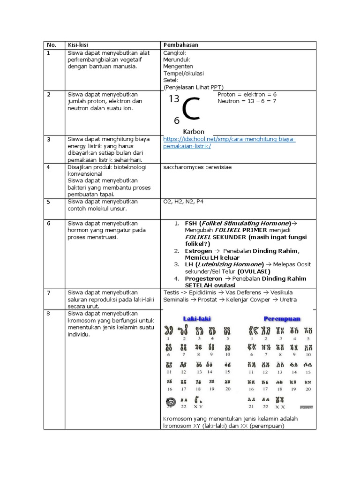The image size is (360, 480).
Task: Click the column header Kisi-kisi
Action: point(77,45)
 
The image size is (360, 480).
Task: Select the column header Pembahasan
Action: point(180,45)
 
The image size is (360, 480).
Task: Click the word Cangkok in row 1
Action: point(174,52)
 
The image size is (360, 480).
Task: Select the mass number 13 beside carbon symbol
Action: point(174,98)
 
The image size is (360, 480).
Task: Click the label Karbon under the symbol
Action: point(194,132)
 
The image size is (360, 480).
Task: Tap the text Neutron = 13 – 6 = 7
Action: point(247,101)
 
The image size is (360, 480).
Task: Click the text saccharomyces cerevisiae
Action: point(197,167)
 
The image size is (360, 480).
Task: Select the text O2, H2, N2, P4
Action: point(183,201)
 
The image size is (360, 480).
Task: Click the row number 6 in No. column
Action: point(49,223)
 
